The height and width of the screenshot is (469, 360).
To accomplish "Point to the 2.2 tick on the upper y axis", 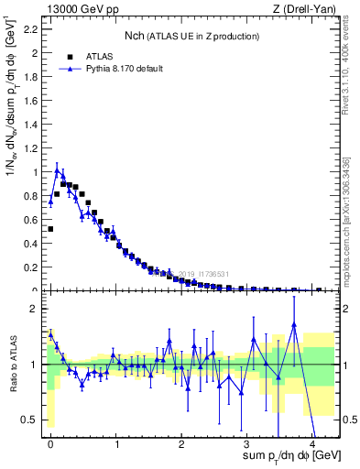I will (32, 29).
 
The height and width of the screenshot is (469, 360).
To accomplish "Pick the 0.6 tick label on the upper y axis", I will (32, 220).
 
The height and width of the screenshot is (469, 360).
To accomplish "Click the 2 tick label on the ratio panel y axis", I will (37, 309).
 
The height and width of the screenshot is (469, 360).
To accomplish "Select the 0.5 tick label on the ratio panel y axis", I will (32, 420).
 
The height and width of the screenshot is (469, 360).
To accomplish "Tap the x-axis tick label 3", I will (247, 444).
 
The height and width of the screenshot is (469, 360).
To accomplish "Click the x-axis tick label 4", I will (312, 444).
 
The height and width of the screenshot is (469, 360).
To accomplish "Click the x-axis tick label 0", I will (50, 444).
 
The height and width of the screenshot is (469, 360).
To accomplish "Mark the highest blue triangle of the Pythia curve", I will (58, 169).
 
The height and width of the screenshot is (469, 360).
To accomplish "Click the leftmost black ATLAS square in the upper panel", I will (50, 229).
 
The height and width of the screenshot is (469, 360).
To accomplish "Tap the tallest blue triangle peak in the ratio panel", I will (294, 323).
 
